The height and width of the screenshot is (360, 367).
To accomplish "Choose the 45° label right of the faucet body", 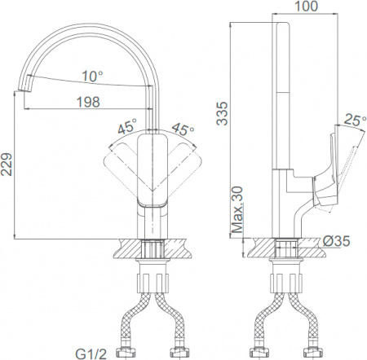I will coord(183,128).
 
